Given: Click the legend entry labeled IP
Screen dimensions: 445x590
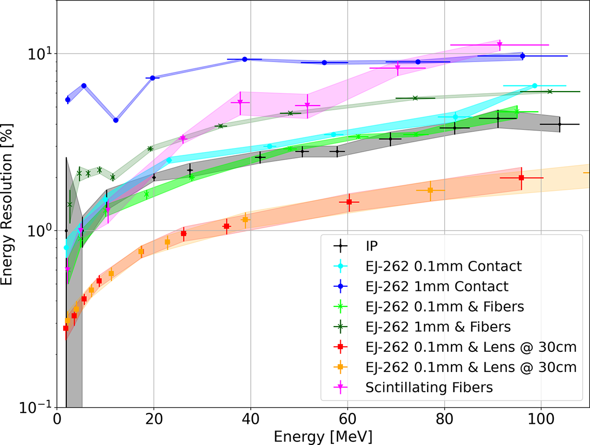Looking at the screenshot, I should coord(372,246).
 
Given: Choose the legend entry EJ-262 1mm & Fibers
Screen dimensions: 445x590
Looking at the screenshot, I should coord(437,327).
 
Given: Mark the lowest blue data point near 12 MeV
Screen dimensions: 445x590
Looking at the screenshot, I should coord(116,120).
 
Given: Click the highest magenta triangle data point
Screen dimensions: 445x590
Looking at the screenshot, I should coord(500,46).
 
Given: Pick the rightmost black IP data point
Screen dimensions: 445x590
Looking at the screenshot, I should coord(559,124).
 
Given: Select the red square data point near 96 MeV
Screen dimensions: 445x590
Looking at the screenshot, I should coord(521,178).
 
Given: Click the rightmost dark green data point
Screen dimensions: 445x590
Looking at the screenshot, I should coord(550,92).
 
